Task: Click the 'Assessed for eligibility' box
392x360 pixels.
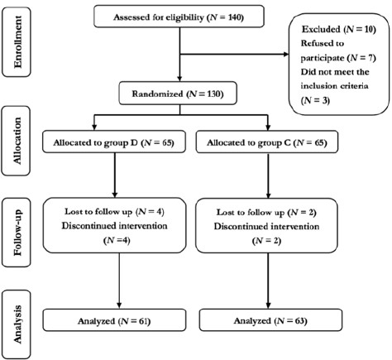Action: point(179,17)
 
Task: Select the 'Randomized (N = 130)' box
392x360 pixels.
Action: point(178,94)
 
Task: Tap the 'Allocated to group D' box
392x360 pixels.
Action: point(114,142)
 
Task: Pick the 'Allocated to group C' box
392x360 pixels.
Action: point(267,142)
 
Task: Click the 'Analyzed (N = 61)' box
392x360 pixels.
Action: point(114,320)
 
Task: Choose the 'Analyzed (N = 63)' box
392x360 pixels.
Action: point(270,320)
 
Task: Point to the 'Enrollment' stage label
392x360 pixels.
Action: point(17,42)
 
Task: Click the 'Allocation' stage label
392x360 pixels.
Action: point(17,141)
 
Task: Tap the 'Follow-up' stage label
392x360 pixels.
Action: point(17,233)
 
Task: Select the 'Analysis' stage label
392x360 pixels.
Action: point(17,324)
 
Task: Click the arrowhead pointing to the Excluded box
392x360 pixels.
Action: point(285,54)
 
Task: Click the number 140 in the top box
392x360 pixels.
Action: point(235,17)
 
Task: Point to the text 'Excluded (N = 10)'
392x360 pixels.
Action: point(339,29)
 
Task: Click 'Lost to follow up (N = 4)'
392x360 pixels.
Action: point(114,212)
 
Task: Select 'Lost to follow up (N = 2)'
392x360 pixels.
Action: point(266,213)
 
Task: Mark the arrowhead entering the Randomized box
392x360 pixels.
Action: point(179,79)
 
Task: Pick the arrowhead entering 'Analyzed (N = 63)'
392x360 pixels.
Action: point(268,305)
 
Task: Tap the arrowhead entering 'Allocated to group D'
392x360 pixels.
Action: point(94,127)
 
